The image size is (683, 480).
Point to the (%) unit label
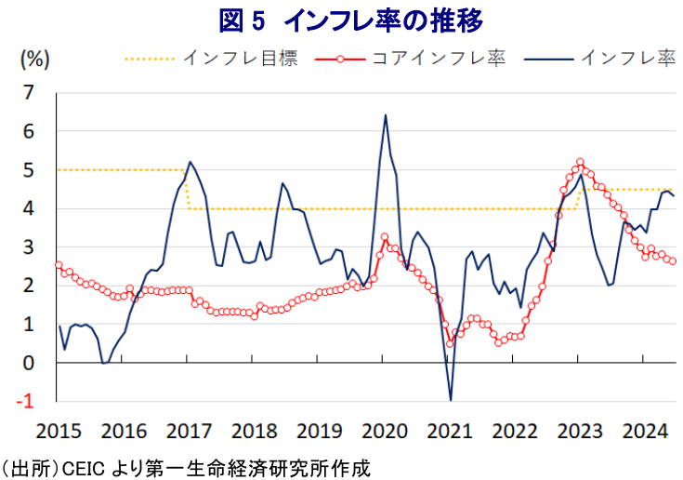[x=34, y=59]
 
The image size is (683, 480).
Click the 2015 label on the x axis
[x=58, y=432]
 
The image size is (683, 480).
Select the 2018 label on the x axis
[x=253, y=432]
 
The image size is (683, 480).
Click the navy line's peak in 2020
[x=386, y=115]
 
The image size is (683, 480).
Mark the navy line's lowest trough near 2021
[x=451, y=400]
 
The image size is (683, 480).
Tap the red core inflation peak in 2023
[x=580, y=162]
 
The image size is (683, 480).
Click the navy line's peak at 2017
[x=190, y=162]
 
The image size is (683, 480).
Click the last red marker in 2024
[x=673, y=261]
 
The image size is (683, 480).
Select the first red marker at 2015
[x=58, y=265]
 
